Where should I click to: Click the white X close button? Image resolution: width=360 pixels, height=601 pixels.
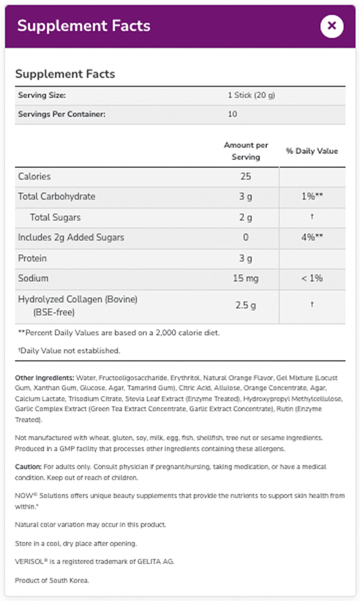[332, 26]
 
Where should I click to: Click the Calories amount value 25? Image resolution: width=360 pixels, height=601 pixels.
[246, 176]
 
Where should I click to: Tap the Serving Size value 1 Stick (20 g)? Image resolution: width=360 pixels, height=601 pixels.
[251, 95]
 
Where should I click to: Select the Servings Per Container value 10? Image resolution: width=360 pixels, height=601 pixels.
[232, 114]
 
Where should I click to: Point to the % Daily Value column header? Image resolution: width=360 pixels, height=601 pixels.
[312, 151]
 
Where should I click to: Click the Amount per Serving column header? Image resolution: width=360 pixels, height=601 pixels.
[246, 151]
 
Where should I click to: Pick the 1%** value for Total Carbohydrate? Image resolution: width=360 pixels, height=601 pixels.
[312, 196]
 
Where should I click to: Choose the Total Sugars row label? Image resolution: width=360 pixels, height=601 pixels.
[55, 217]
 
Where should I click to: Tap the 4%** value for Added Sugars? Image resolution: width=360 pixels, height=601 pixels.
[312, 238]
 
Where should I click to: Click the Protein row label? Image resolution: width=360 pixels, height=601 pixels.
[32, 258]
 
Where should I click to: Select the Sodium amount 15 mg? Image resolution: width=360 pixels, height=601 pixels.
[246, 278]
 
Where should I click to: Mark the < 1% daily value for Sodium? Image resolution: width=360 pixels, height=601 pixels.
[312, 278]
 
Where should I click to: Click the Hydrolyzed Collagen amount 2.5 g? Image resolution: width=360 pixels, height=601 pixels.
[246, 306]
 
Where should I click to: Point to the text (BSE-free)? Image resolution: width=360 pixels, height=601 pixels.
[54, 312]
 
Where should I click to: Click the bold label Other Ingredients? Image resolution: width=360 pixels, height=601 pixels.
[44, 378]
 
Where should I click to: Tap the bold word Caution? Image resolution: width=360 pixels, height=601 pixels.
[28, 467]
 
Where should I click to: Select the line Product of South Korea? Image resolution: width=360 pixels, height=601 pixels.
[51, 580]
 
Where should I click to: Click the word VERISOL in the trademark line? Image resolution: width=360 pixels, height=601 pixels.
[29, 561]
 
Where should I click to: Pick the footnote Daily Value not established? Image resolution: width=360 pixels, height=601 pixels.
[70, 351]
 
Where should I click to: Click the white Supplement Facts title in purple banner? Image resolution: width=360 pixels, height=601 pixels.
[84, 26]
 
